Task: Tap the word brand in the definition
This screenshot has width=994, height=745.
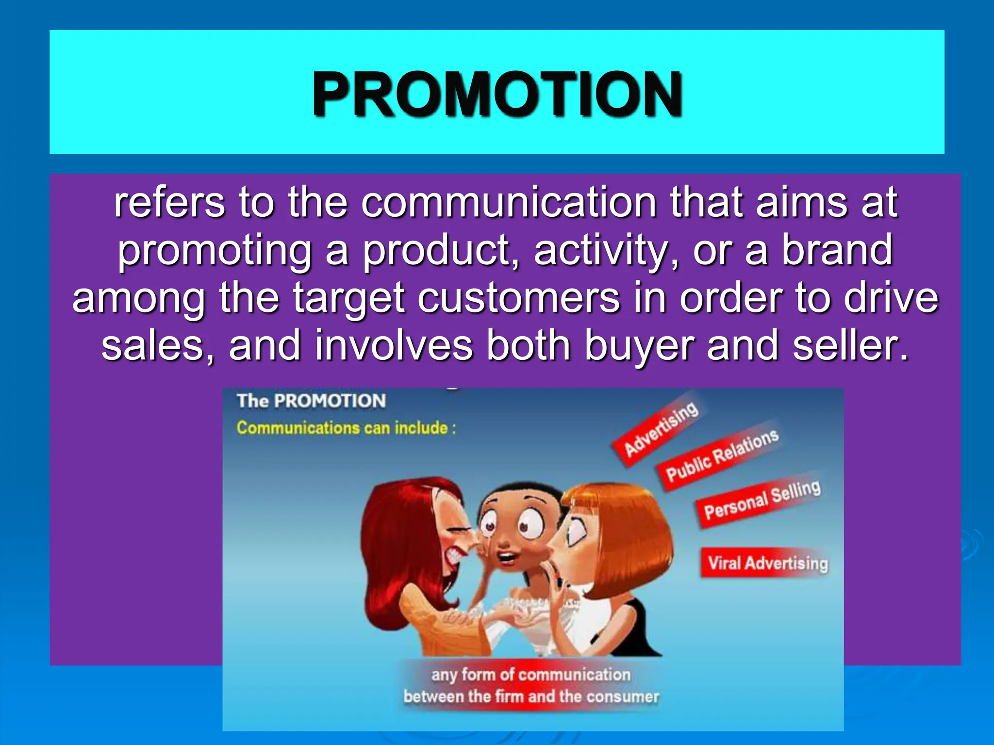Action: click(x=837, y=250)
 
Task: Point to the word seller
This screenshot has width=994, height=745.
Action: click(x=849, y=345)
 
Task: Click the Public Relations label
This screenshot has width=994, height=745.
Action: click(x=721, y=456)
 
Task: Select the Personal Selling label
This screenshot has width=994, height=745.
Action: click(x=762, y=500)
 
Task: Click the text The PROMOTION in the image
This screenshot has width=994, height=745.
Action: click(x=311, y=401)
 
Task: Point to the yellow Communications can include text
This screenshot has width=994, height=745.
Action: click(x=346, y=428)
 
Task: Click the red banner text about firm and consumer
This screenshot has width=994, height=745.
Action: click(x=531, y=685)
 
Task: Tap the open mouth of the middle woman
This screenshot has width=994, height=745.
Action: click(x=508, y=558)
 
